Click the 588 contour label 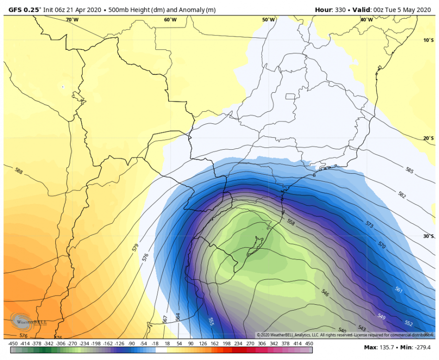point(19,171)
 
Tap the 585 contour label point(409,170)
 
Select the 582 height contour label point(402,194)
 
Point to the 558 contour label point(291,222)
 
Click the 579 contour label point(135,248)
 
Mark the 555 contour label point(211,321)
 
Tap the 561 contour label point(398,289)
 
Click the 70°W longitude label point(72,20)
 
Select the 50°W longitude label point(268,20)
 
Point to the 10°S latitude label point(428,40)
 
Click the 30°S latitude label point(428,236)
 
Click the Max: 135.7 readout point(378,348)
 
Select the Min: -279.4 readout point(414,348)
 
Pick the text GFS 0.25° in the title point(24,9)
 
